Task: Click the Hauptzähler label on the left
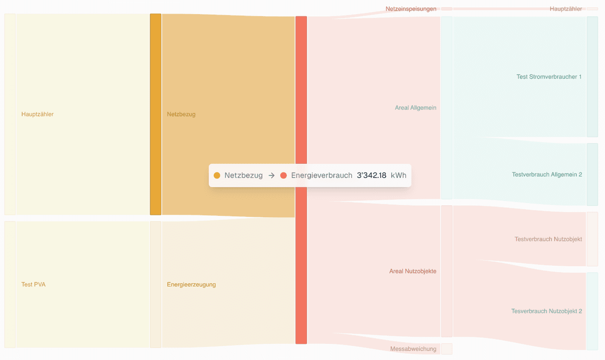click(x=37, y=114)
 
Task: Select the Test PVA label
click(x=33, y=284)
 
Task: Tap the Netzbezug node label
click(x=181, y=114)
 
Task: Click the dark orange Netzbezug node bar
click(x=155, y=114)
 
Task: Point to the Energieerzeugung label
click(x=191, y=284)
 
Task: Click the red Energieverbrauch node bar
click(x=301, y=252)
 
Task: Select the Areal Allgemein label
click(x=415, y=108)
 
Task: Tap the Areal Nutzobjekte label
click(x=412, y=271)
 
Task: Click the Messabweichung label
click(x=413, y=349)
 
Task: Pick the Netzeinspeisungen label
click(x=411, y=9)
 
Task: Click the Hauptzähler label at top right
click(x=566, y=9)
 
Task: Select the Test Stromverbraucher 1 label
click(x=549, y=77)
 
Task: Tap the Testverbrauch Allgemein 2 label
click(x=547, y=174)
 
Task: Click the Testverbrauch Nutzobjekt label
click(x=548, y=239)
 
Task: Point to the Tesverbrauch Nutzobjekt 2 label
click(x=547, y=311)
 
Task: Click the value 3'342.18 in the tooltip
click(x=372, y=175)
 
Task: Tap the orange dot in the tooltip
click(x=217, y=175)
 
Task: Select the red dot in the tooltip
click(x=283, y=175)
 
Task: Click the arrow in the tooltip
click(x=271, y=175)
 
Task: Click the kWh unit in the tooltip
click(x=398, y=175)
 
